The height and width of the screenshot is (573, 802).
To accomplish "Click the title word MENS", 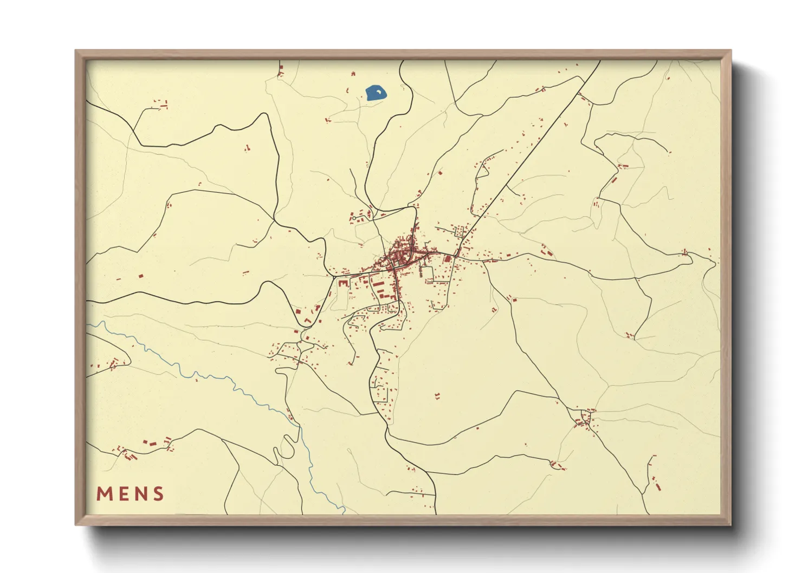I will tap(130, 494).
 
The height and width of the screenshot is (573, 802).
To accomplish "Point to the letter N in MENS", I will tap(140, 494).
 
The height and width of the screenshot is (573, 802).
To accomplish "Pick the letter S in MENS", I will tap(158, 494).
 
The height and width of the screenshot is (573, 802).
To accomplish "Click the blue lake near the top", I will tap(376, 93).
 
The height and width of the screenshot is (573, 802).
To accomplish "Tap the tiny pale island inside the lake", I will tap(378, 93).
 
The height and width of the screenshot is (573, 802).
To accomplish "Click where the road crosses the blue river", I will tap(299, 427).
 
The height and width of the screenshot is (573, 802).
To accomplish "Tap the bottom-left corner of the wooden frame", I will tap(76, 524).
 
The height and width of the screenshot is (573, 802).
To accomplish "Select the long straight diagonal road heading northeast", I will tap(531, 152).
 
